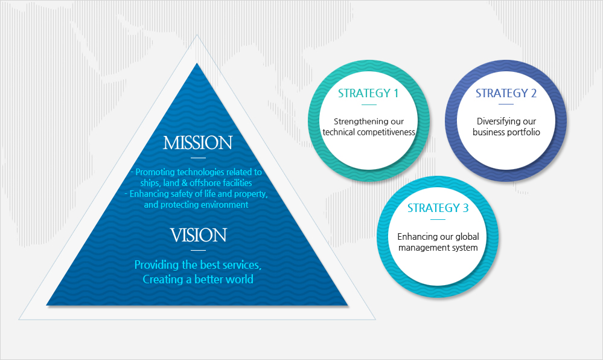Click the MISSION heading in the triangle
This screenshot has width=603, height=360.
(x=197, y=143)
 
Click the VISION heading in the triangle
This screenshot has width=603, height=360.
(x=197, y=235)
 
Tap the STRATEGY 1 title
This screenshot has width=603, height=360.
(x=368, y=94)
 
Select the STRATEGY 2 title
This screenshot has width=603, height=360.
(x=506, y=94)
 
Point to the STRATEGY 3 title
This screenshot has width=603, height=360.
(x=438, y=208)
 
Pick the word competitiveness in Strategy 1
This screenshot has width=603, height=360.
(x=391, y=132)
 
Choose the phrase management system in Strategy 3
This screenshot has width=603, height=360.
(x=438, y=248)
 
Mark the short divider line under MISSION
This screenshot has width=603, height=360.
(x=197, y=158)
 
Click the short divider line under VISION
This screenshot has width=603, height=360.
(x=197, y=250)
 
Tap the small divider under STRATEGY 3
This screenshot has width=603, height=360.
(x=438, y=220)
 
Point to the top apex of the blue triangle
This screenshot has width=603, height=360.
(x=197, y=65)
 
